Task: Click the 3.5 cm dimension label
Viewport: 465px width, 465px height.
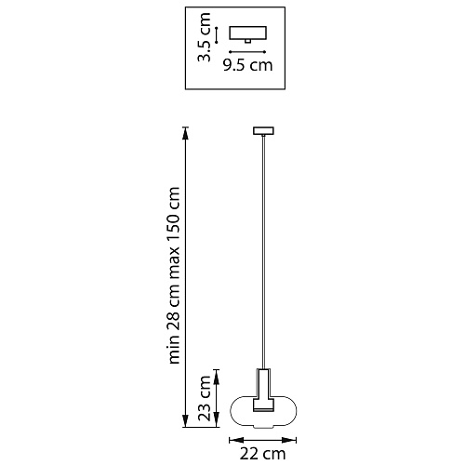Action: [205, 37]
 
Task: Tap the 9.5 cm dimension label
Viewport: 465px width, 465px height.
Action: [248, 65]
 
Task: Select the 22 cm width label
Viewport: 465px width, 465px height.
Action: [262, 454]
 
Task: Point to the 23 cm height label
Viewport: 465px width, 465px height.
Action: [205, 398]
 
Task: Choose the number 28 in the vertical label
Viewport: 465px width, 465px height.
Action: [173, 312]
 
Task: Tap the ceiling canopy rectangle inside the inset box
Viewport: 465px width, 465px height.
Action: [248, 33]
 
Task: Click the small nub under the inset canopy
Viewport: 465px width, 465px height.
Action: [248, 41]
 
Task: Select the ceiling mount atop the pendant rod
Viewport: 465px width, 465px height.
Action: [263, 131]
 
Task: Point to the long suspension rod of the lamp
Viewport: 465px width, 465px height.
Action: [263, 252]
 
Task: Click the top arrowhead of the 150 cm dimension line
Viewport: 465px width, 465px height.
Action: [185, 133]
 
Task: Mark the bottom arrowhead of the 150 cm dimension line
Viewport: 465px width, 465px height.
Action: [185, 420]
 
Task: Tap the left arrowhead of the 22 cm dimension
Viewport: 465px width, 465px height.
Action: [236, 440]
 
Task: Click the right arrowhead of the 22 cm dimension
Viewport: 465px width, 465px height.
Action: [289, 440]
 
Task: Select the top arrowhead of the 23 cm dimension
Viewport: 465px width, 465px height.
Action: [217, 377]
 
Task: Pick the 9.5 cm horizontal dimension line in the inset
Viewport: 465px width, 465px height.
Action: [247, 52]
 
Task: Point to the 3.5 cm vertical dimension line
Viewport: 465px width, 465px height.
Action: [217, 35]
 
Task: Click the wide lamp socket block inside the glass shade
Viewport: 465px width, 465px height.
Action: [263, 405]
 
